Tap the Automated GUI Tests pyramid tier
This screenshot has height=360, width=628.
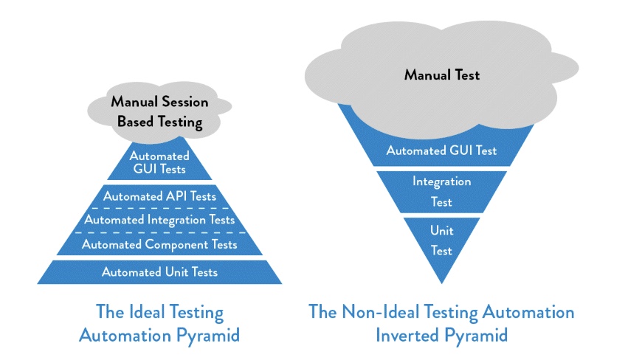click(x=159, y=163)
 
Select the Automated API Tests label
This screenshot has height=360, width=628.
click(x=159, y=196)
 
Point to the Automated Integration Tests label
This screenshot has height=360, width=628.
click(x=159, y=220)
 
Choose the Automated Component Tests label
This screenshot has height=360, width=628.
click(x=159, y=244)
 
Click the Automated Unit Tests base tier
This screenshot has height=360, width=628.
click(x=159, y=272)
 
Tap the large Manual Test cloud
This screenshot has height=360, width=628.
click(x=441, y=75)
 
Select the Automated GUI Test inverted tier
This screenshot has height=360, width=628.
click(x=441, y=151)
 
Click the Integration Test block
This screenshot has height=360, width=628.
click(x=441, y=190)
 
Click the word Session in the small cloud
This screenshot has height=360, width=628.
click(x=184, y=102)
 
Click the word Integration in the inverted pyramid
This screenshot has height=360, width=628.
click(x=441, y=181)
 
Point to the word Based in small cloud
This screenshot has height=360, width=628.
click(x=135, y=122)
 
